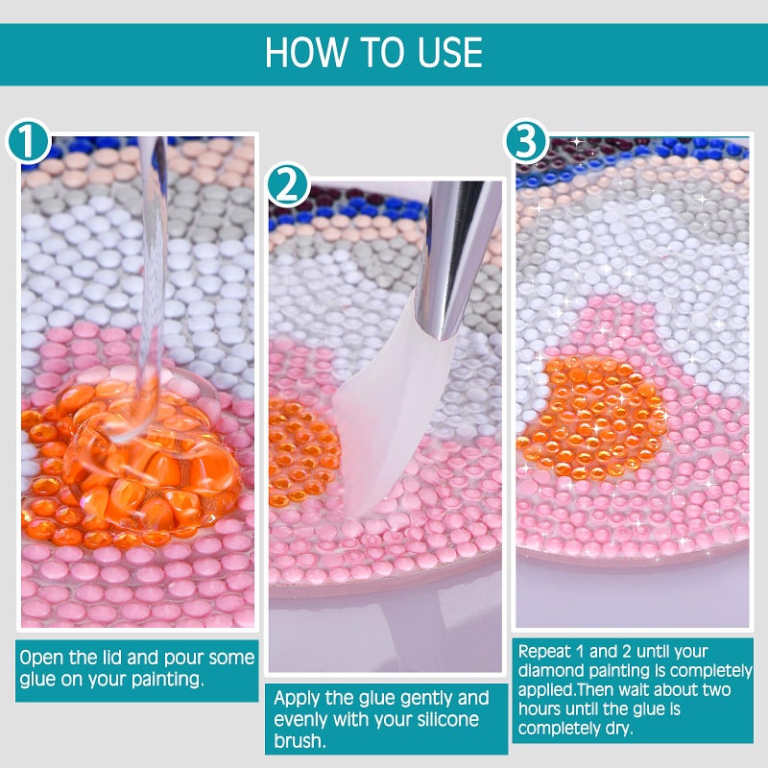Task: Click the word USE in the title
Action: click(450, 52)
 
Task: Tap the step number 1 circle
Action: click(29, 141)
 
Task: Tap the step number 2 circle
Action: click(289, 184)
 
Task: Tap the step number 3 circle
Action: click(526, 141)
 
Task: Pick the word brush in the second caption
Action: click(299, 740)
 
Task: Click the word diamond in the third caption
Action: click(549, 670)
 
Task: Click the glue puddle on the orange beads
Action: click(147, 454)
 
